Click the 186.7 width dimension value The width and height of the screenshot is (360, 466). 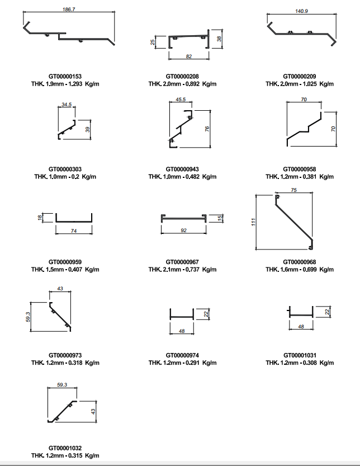(x=69, y=10)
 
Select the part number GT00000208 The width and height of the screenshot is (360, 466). (x=182, y=77)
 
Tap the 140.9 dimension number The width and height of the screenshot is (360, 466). (x=301, y=11)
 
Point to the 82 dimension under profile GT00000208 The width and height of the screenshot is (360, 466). (x=189, y=56)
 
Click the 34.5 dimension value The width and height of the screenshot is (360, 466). (x=67, y=105)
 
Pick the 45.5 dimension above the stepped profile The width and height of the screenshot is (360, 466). (x=181, y=100)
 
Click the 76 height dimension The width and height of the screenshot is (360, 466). (x=207, y=129)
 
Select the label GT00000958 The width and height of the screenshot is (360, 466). (x=300, y=170)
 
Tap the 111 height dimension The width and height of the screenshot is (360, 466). (x=253, y=222)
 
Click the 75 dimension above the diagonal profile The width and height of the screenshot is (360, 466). (x=294, y=190)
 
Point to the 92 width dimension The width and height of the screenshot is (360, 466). (x=183, y=230)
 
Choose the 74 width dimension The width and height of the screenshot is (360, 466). (x=74, y=231)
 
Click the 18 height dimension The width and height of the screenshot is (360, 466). (x=40, y=218)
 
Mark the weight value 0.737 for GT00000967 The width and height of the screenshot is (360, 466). (x=193, y=270)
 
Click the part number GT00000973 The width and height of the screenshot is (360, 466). (x=65, y=355)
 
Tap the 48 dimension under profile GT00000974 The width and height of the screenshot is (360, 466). (x=182, y=331)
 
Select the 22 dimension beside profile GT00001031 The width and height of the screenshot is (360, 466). (x=328, y=312)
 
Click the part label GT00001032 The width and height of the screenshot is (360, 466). (x=65, y=448)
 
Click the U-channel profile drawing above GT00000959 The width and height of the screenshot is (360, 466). (x=74, y=221)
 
